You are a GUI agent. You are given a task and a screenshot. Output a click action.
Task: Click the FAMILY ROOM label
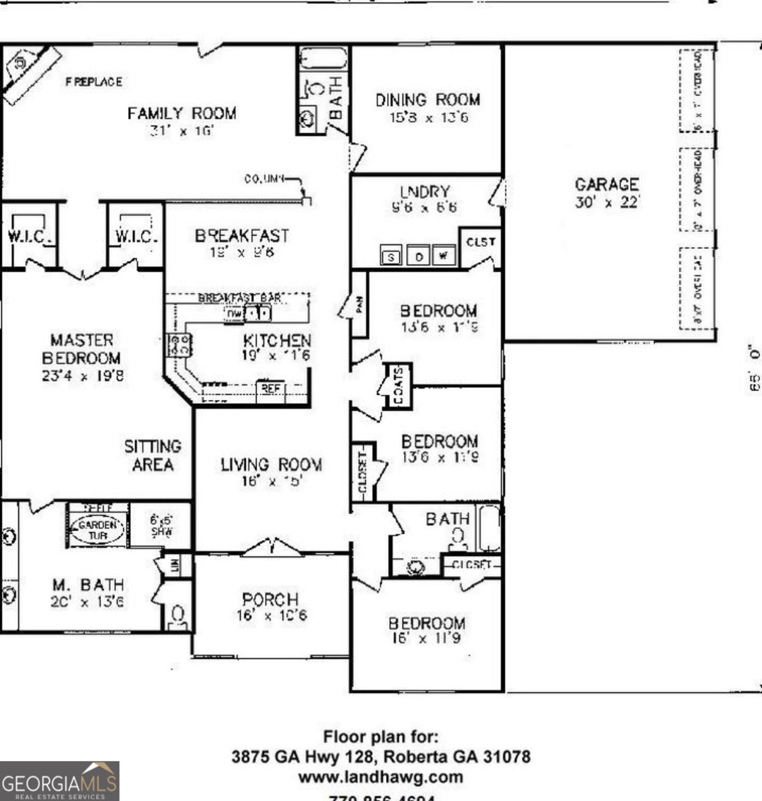[182, 113]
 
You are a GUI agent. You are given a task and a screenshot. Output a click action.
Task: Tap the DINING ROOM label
[427, 100]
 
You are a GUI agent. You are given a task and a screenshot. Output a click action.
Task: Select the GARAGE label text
[606, 184]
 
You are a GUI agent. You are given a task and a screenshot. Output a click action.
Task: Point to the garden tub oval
[98, 530]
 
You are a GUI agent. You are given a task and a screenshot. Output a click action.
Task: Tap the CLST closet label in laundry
[481, 242]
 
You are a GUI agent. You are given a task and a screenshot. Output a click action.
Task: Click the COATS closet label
[398, 386]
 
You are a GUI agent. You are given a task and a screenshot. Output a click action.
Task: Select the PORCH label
[270, 599]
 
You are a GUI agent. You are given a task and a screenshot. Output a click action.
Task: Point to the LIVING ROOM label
[271, 465]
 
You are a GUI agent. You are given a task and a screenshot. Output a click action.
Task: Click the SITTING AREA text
[152, 455]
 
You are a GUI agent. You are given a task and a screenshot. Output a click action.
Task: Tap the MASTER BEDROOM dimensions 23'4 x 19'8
[82, 376]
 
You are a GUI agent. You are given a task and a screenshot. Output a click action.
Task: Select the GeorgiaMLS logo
[59, 781]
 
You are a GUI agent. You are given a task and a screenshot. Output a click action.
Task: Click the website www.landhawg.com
[380, 777]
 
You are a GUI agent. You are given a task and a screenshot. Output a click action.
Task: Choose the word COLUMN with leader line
[264, 179]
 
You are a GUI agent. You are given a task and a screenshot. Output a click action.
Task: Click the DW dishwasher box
[234, 313]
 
